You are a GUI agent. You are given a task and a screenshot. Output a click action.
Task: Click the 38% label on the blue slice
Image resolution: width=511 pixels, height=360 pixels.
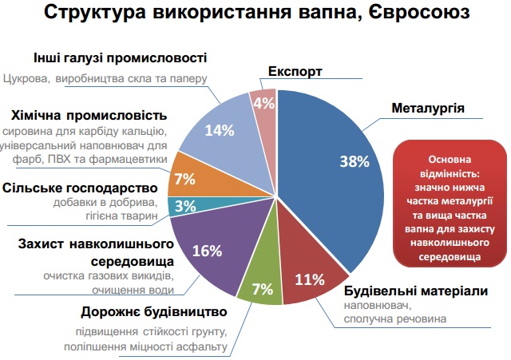point(355,161)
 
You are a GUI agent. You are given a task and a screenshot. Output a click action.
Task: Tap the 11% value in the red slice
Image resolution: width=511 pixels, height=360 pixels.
point(310,279)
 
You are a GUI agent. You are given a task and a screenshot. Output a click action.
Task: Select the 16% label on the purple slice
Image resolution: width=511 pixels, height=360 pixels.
point(207,251)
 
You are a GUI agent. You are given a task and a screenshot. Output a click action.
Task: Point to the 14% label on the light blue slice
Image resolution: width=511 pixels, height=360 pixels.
point(220,131)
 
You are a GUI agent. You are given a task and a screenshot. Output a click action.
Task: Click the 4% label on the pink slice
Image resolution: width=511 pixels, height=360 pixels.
point(264,104)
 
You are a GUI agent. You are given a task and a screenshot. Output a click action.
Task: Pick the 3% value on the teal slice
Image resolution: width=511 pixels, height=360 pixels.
point(185,206)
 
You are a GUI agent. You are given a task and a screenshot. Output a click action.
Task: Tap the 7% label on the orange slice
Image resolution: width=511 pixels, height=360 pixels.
point(184,179)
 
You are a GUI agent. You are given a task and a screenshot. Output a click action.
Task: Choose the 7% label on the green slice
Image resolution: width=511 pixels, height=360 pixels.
point(263,289)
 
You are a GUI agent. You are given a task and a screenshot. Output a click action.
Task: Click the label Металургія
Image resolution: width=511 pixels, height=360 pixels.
point(428,109)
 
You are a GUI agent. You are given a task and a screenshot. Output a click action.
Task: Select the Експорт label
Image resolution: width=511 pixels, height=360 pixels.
point(295,71)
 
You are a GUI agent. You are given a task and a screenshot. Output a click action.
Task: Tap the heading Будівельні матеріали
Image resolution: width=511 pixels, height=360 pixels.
point(416,291)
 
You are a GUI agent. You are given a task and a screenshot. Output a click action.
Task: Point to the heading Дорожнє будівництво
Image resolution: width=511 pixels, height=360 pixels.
point(154,312)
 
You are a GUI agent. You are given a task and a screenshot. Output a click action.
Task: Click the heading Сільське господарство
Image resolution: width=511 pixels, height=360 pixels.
point(80,188)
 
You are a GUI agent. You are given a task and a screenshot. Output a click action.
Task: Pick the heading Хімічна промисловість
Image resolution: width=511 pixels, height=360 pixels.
point(89,115)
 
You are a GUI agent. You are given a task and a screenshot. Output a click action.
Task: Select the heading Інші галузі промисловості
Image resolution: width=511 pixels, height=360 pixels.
point(121,58)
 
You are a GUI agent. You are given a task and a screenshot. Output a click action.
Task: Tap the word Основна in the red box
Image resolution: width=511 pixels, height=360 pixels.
point(450,160)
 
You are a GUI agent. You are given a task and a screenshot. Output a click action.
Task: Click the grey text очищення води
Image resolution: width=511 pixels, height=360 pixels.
point(133,290)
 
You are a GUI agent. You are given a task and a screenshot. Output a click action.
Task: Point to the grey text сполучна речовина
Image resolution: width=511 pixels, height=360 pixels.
point(395,319)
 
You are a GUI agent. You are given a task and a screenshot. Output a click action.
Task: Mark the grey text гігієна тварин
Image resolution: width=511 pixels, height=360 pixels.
point(121,216)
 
